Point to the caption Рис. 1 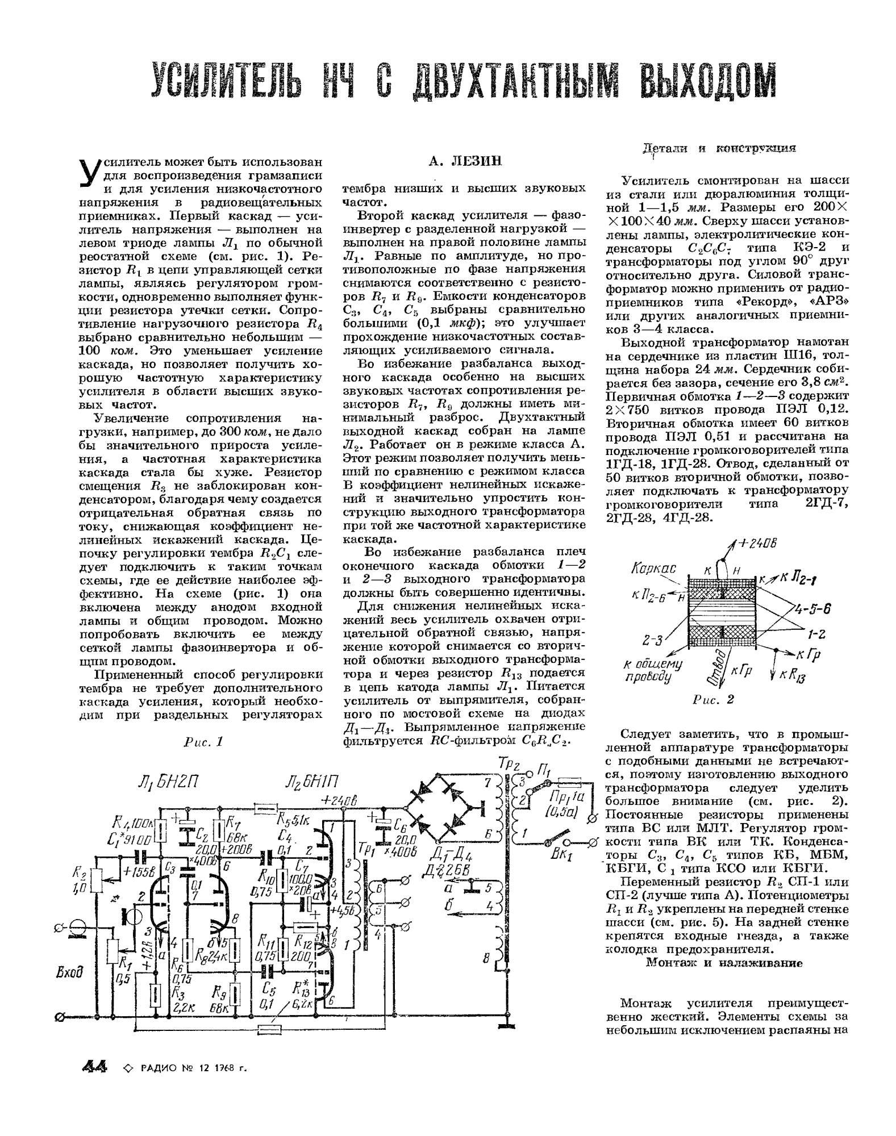(x=204, y=742)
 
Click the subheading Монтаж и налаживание (x=724, y=963)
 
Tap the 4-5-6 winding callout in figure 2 (x=812, y=609)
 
